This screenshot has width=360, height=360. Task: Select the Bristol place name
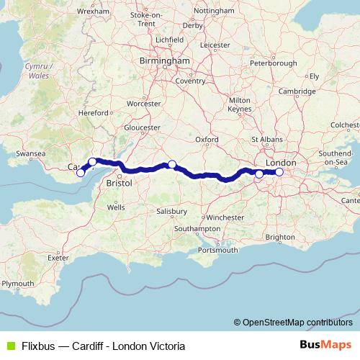click(x=119, y=184)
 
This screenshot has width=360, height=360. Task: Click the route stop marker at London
click(x=279, y=171)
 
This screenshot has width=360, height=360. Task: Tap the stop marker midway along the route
click(x=172, y=164)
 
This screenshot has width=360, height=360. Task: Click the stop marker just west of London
click(x=259, y=174)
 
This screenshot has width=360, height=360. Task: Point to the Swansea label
click(x=31, y=153)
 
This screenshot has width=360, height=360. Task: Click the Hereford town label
click(x=91, y=112)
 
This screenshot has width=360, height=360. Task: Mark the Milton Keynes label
click(x=239, y=104)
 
